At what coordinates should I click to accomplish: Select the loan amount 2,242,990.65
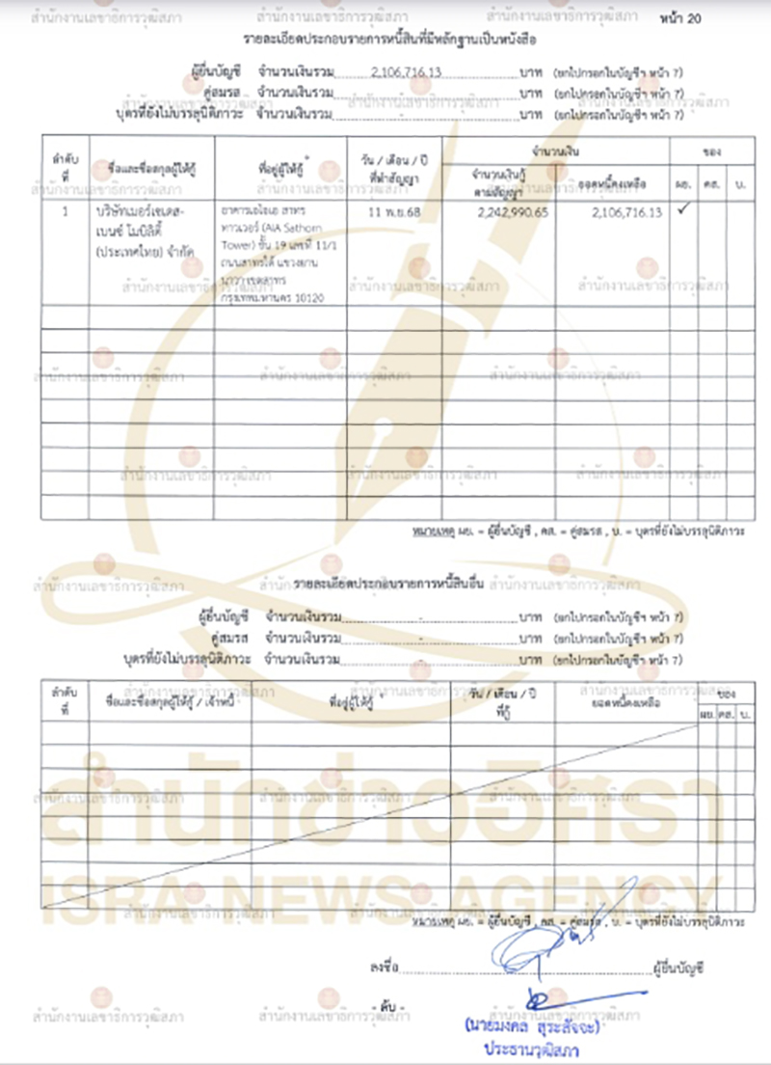click(512, 211)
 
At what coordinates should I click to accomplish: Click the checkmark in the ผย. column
click(682, 209)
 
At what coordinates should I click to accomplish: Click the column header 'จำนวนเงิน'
click(560, 152)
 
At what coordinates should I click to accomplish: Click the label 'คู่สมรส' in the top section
click(222, 94)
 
